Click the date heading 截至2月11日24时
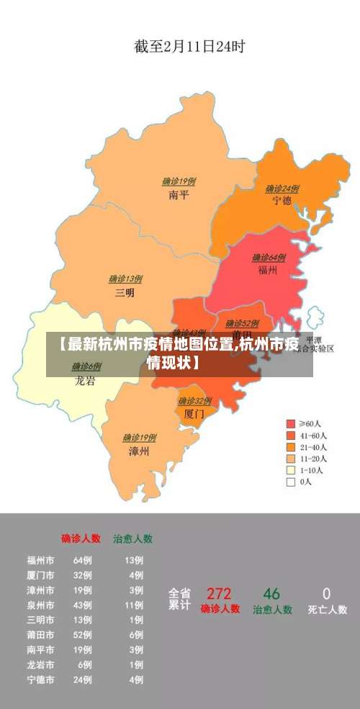189,48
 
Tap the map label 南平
179,194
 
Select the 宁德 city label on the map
282,201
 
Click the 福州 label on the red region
268,271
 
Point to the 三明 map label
125,292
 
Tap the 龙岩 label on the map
85,381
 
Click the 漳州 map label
139,451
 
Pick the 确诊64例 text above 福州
268,258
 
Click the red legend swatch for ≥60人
291,423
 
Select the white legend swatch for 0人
291,482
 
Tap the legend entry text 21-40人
314,446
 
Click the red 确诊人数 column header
81,538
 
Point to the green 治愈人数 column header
132,538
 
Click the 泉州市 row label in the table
40,605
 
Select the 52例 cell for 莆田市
82,635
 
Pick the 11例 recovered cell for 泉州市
134,605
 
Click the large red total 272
219,594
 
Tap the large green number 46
271,594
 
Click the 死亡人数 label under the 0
327,609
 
